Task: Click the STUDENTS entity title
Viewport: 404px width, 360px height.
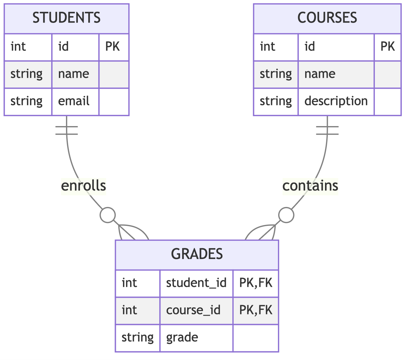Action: (67, 18)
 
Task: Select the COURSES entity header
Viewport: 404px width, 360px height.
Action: (327, 18)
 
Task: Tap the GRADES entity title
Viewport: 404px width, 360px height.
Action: (197, 254)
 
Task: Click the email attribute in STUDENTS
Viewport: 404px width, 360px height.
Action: (74, 101)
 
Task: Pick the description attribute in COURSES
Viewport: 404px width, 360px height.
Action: (336, 101)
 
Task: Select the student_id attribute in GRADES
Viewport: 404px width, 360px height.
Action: (196, 283)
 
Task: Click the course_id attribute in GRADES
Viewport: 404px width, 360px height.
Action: (193, 310)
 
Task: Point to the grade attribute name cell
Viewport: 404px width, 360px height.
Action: (182, 337)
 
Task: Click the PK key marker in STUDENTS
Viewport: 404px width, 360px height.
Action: (113, 47)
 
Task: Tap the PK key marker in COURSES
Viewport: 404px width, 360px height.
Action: (388, 47)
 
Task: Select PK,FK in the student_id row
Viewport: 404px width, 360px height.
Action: (256, 283)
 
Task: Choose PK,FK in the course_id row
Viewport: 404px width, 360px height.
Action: (256, 310)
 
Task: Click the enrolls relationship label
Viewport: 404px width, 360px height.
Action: (84, 186)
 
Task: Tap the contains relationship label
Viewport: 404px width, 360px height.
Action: (310, 186)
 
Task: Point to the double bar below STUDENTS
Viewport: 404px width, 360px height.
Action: (67, 130)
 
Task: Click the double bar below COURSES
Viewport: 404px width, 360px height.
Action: (327, 130)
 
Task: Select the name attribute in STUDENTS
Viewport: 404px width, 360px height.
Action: (74, 74)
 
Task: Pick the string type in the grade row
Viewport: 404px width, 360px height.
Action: (138, 337)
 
